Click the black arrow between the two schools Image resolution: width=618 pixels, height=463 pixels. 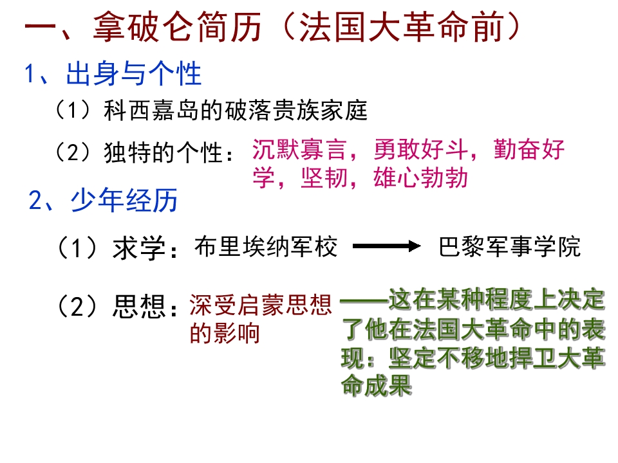[x=387, y=246]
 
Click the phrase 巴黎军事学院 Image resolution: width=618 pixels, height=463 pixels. [x=510, y=247]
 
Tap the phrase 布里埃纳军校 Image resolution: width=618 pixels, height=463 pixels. [x=266, y=247]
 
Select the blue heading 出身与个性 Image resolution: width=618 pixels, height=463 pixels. [x=134, y=73]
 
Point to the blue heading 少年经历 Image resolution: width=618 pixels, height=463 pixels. [x=124, y=200]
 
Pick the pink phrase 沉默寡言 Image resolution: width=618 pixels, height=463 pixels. [x=299, y=150]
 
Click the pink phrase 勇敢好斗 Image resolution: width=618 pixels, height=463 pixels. [x=420, y=150]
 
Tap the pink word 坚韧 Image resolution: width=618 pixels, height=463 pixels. [x=324, y=178]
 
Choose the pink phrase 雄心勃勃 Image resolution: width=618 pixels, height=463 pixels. [x=420, y=178]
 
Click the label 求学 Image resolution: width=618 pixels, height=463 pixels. [x=139, y=248]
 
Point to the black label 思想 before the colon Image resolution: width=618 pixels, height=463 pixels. [x=139, y=306]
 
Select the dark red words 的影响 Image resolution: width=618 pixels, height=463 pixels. [x=225, y=333]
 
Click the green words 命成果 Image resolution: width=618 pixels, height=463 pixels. [x=377, y=385]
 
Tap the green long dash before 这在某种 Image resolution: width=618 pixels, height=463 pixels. [x=364, y=301]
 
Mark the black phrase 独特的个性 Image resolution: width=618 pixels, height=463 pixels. [x=163, y=152]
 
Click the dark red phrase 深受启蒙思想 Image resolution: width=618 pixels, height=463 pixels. [x=261, y=305]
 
